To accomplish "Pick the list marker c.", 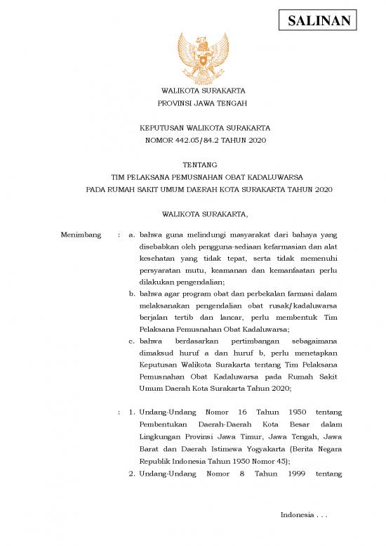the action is tap(131, 341).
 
